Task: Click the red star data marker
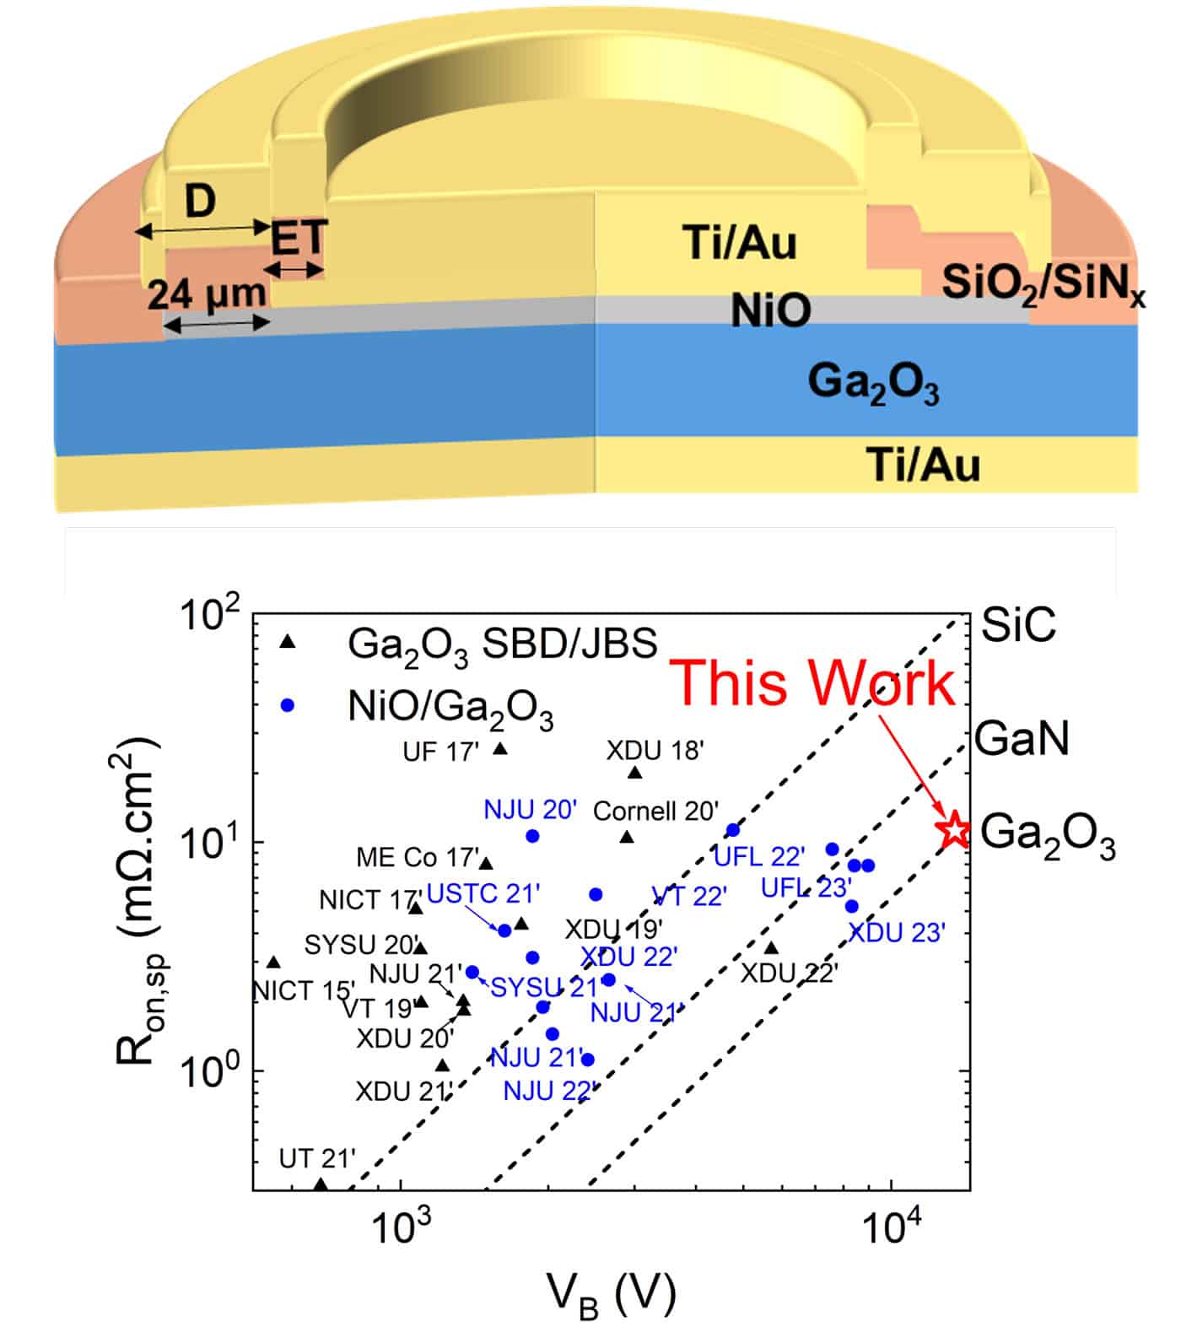(954, 830)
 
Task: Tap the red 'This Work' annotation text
(815, 682)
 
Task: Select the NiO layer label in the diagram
(770, 310)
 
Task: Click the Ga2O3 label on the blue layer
(873, 384)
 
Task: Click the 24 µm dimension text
(208, 294)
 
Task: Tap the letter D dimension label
(200, 202)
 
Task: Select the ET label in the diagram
(298, 240)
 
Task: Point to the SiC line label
(1018, 625)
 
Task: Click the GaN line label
(1022, 739)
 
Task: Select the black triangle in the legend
(288, 642)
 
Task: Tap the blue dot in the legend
(288, 705)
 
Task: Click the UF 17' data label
(440, 752)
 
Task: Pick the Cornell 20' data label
(655, 812)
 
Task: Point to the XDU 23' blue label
(897, 933)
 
